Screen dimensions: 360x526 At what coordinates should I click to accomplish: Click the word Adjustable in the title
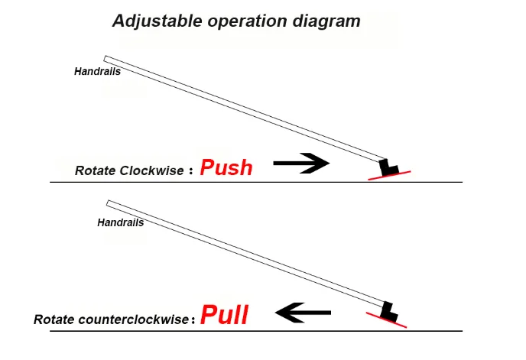(x=157, y=21)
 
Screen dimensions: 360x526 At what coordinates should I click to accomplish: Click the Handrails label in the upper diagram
(x=97, y=72)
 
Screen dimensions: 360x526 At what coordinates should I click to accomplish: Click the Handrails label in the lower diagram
(x=121, y=223)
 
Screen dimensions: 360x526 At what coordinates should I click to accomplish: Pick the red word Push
(x=226, y=168)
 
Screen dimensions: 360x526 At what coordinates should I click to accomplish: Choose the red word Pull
(x=225, y=315)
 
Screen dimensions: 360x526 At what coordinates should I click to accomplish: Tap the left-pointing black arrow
(x=303, y=312)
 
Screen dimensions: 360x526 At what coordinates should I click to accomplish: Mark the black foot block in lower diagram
(x=388, y=310)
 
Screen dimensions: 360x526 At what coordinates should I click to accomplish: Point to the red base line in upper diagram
(x=389, y=174)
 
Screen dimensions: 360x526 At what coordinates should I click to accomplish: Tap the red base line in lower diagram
(x=386, y=319)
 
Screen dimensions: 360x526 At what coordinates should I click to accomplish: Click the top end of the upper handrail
(x=107, y=59)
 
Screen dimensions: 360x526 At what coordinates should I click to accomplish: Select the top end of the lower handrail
(x=111, y=203)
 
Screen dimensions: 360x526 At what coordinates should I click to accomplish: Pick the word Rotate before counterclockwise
(x=54, y=319)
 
